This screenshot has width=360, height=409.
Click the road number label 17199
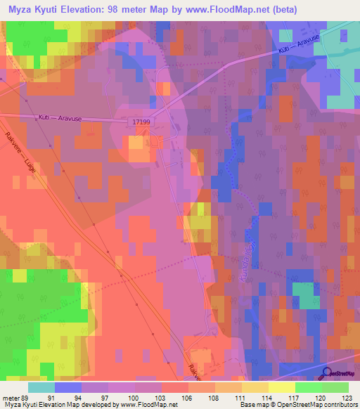(x=141, y=122)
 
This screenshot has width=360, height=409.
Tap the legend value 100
(x=134, y=397)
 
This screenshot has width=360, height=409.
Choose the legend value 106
(x=188, y=397)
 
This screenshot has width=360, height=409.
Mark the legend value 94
(x=81, y=397)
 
